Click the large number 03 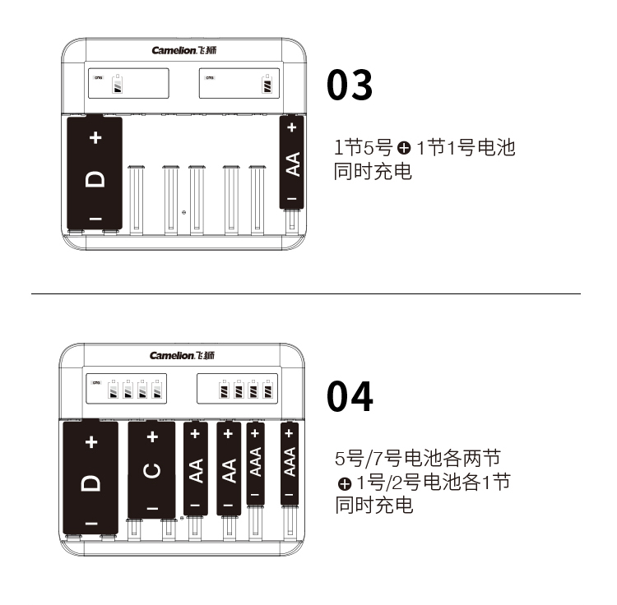tap(350, 85)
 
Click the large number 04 tap(350, 396)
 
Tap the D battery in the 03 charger tap(95, 173)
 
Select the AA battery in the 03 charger tap(291, 162)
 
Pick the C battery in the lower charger tap(151, 469)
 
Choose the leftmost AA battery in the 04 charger tap(196, 469)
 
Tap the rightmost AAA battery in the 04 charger tap(290, 463)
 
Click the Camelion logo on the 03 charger tap(183, 50)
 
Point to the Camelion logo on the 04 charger tap(182, 355)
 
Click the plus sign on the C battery tap(152, 436)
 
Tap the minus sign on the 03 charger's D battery tap(95, 219)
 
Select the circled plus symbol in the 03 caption tap(404, 148)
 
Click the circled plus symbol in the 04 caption tap(345, 483)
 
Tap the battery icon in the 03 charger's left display tap(118, 83)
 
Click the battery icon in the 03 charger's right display tap(267, 83)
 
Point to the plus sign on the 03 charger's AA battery tap(291, 127)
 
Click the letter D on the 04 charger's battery tap(90, 483)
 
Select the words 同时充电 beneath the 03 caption tap(373, 172)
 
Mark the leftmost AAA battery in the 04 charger tap(255, 463)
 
